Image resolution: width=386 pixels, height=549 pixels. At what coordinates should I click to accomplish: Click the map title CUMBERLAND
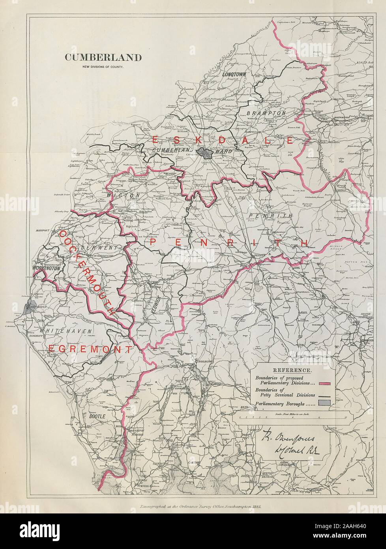103,58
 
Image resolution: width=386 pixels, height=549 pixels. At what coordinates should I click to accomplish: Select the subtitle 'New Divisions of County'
103,66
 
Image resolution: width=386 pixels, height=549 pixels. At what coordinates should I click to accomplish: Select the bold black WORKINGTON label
47,268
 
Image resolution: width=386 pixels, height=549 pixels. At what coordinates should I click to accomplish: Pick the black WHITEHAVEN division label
66,331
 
